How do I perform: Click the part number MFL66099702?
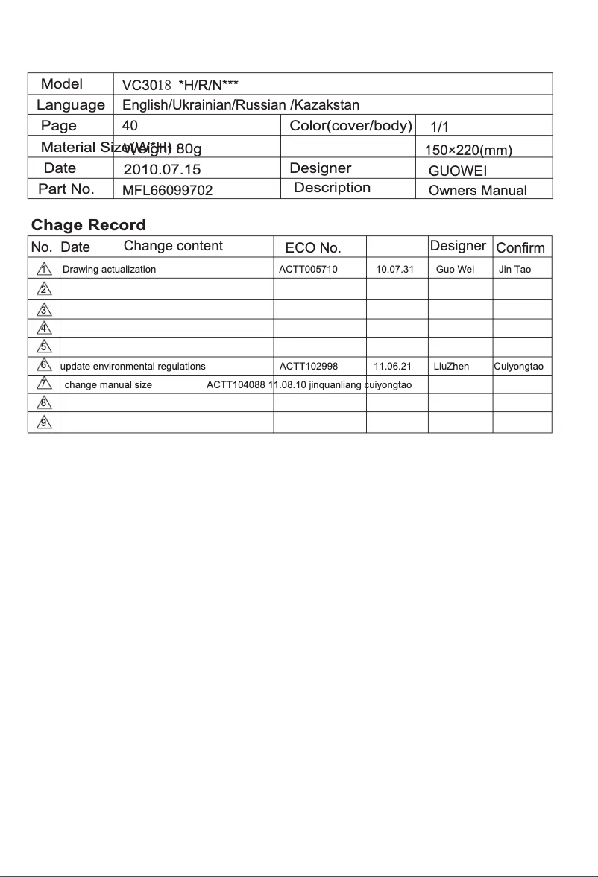[168, 191]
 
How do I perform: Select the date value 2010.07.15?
[162, 170]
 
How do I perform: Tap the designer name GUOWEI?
[458, 171]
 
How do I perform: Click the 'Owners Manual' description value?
[477, 191]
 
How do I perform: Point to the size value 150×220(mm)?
[468, 151]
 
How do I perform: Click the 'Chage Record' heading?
[89, 225]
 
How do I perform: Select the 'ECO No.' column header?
[313, 247]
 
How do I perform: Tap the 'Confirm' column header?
[520, 247]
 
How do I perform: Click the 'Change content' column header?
[173, 246]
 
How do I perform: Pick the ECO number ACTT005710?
[308, 270]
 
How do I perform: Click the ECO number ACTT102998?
[309, 367]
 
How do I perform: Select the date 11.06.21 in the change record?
[392, 367]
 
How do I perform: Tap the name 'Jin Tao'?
[514, 270]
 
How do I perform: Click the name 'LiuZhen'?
[451, 367]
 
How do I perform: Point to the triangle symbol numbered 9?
[44, 423]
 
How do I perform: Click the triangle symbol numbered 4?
[44, 328]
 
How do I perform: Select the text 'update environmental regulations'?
[133, 367]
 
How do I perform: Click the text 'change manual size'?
[109, 385]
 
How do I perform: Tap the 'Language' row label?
[71, 105]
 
